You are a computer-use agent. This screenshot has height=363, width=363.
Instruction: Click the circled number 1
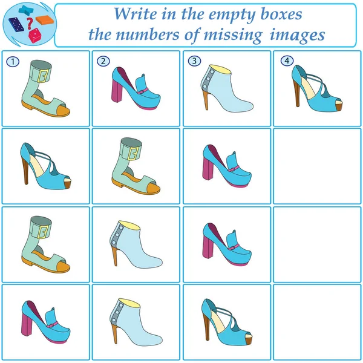pyautogui.click(x=13, y=62)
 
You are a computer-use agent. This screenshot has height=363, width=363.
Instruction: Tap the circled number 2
pyautogui.click(x=103, y=61)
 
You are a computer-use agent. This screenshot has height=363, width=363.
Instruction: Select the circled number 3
pyautogui.click(x=194, y=61)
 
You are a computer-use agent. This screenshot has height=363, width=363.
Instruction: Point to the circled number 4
pyautogui.click(x=287, y=60)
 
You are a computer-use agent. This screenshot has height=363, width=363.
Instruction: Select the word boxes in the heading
pyautogui.click(x=282, y=14)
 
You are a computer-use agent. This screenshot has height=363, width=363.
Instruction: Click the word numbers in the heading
pyautogui.click(x=147, y=34)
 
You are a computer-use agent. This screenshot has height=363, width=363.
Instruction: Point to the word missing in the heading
pyautogui.click(x=233, y=36)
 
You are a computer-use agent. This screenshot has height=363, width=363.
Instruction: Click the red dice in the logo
pyautogui.click(x=35, y=36)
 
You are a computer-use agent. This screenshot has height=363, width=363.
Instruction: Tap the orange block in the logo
pyautogui.click(x=45, y=20)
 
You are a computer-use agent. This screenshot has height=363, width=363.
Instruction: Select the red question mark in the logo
pyautogui.click(x=30, y=24)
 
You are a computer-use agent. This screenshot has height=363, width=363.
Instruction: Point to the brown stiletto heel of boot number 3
pyautogui.click(x=206, y=100)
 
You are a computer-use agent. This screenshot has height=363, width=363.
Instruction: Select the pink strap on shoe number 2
pyautogui.click(x=143, y=91)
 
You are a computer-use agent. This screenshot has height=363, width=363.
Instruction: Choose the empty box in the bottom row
pyautogui.click(x=317, y=322)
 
